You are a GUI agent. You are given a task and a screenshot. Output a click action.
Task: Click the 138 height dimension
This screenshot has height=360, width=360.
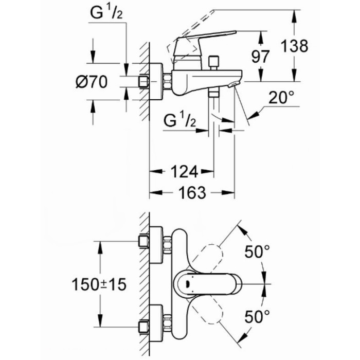[x=294, y=46]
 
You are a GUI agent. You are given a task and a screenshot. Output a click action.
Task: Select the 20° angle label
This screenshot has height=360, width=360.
[x=283, y=97]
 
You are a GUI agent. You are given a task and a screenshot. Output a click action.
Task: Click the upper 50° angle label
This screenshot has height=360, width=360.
[x=257, y=252]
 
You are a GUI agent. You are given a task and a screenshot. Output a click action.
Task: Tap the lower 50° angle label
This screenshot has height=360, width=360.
[x=257, y=315]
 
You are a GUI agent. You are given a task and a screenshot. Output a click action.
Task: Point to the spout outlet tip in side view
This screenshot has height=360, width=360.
[x=234, y=85]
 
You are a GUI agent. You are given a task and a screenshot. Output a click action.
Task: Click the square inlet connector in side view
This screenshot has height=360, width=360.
[x=145, y=82]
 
